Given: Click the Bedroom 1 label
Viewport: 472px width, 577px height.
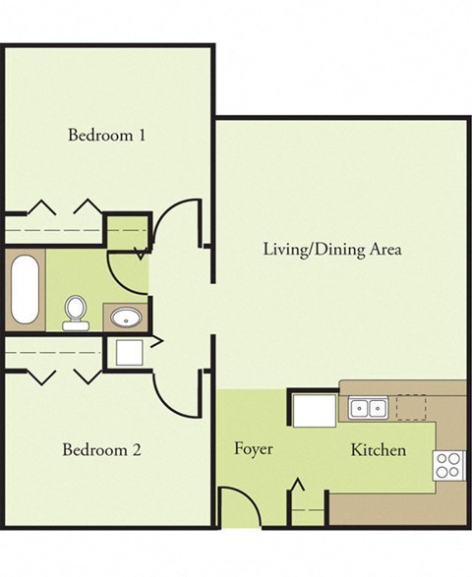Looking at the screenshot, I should [x=106, y=135].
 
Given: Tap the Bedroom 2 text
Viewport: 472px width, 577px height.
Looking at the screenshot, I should [x=102, y=450].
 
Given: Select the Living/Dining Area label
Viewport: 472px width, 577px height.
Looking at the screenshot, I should [x=332, y=249].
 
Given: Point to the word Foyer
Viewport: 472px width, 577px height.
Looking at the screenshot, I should [x=253, y=449].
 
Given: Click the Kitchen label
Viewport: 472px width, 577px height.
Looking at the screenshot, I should [x=379, y=450].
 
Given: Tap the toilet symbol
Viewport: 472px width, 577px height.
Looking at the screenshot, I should [x=75, y=312].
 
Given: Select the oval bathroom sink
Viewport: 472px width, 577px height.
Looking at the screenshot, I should [x=125, y=317].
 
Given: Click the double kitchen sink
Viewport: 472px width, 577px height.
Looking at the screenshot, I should [x=367, y=406].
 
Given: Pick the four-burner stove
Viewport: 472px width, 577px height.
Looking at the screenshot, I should [x=448, y=465].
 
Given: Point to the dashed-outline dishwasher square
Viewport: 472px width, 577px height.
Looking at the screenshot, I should [x=410, y=407].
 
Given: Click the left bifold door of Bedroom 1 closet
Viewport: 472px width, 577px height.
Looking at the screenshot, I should [x=40, y=208].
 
